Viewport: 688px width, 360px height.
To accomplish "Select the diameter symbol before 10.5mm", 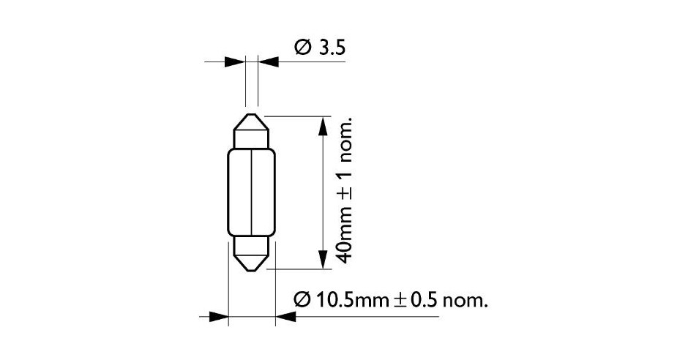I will pyautogui.click(x=303, y=300).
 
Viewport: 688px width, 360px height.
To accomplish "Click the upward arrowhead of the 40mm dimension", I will pyautogui.click(x=322, y=127).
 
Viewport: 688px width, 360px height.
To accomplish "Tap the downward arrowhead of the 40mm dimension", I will pyautogui.click(x=322, y=257).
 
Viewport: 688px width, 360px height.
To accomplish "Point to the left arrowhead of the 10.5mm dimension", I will pyautogui.click(x=217, y=318).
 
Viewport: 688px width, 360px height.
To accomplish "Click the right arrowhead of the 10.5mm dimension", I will pyautogui.click(x=286, y=318).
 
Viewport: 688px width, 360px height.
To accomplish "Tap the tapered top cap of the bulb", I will pyautogui.click(x=252, y=130).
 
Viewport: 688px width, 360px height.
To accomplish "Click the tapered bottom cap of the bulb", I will pyautogui.click(x=252, y=254).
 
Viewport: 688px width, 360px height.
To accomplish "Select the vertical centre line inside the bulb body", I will pyautogui.click(x=252, y=192).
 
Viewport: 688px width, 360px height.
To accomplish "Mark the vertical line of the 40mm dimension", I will pyautogui.click(x=322, y=192).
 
